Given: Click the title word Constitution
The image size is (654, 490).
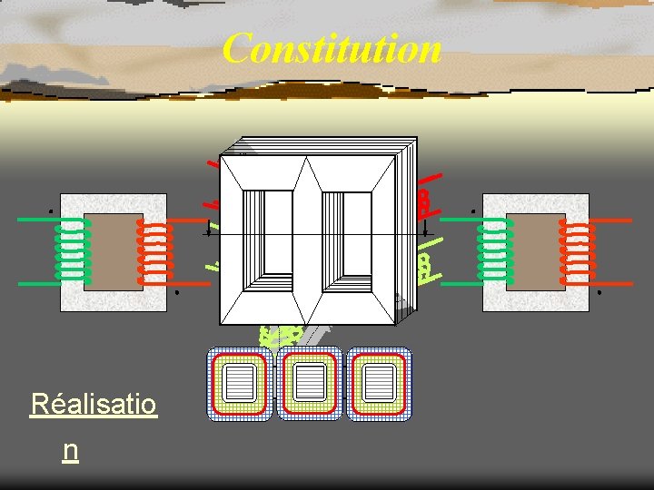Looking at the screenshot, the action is [x=332, y=48].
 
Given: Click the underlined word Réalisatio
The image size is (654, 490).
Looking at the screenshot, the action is [x=94, y=404].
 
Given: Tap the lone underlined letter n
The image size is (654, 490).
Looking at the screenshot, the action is [x=70, y=450].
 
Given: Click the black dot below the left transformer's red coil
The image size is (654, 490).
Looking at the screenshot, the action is [x=178, y=293].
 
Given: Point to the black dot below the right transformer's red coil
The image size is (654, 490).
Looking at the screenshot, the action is [x=600, y=293].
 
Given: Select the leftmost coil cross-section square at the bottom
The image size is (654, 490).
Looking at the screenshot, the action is [x=240, y=384].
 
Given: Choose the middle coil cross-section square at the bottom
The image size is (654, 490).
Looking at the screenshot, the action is [x=309, y=384].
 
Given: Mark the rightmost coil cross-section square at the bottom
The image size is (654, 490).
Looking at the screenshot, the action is [x=378, y=384].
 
